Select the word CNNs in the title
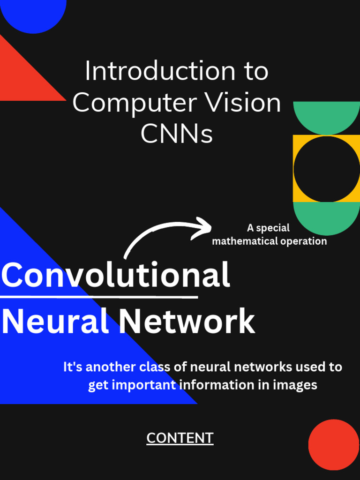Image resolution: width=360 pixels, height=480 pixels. pyautogui.click(x=177, y=134)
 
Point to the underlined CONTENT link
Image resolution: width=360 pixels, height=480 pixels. pyautogui.click(x=180, y=438)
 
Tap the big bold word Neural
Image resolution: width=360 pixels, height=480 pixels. pyautogui.click(x=55, y=322)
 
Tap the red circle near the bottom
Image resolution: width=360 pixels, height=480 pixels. pyautogui.click(x=334, y=444)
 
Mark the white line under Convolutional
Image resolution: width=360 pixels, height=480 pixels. pyautogui.click(x=99, y=297)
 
